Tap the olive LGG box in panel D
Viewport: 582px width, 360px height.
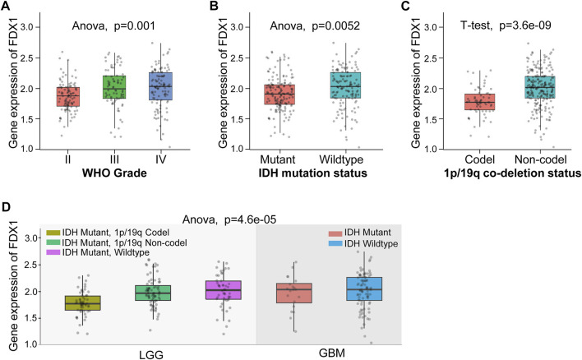coord(82,302)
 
